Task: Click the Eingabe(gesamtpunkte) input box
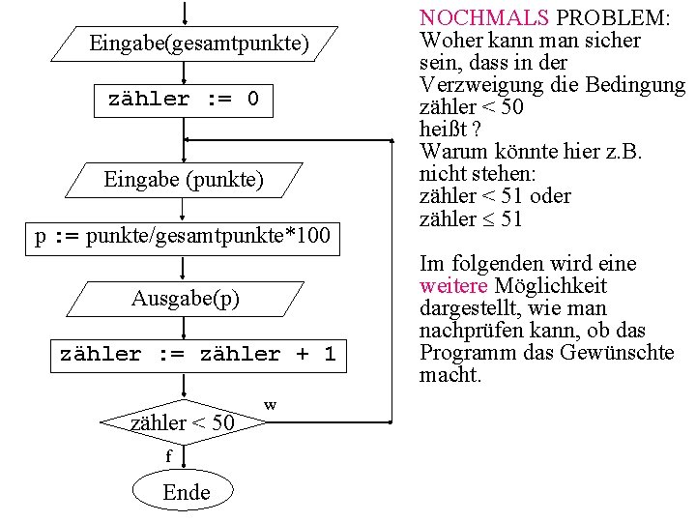point(198,43)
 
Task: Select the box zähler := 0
point(184,100)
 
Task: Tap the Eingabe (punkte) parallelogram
point(184,180)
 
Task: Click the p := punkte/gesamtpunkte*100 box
point(183,237)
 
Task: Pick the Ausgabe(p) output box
point(186,299)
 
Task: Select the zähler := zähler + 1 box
point(197,355)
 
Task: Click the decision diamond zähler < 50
point(183,422)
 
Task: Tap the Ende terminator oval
point(186,492)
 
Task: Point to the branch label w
point(271,404)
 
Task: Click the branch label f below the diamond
point(168,454)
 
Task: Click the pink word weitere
point(453,286)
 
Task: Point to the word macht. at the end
point(449,375)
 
